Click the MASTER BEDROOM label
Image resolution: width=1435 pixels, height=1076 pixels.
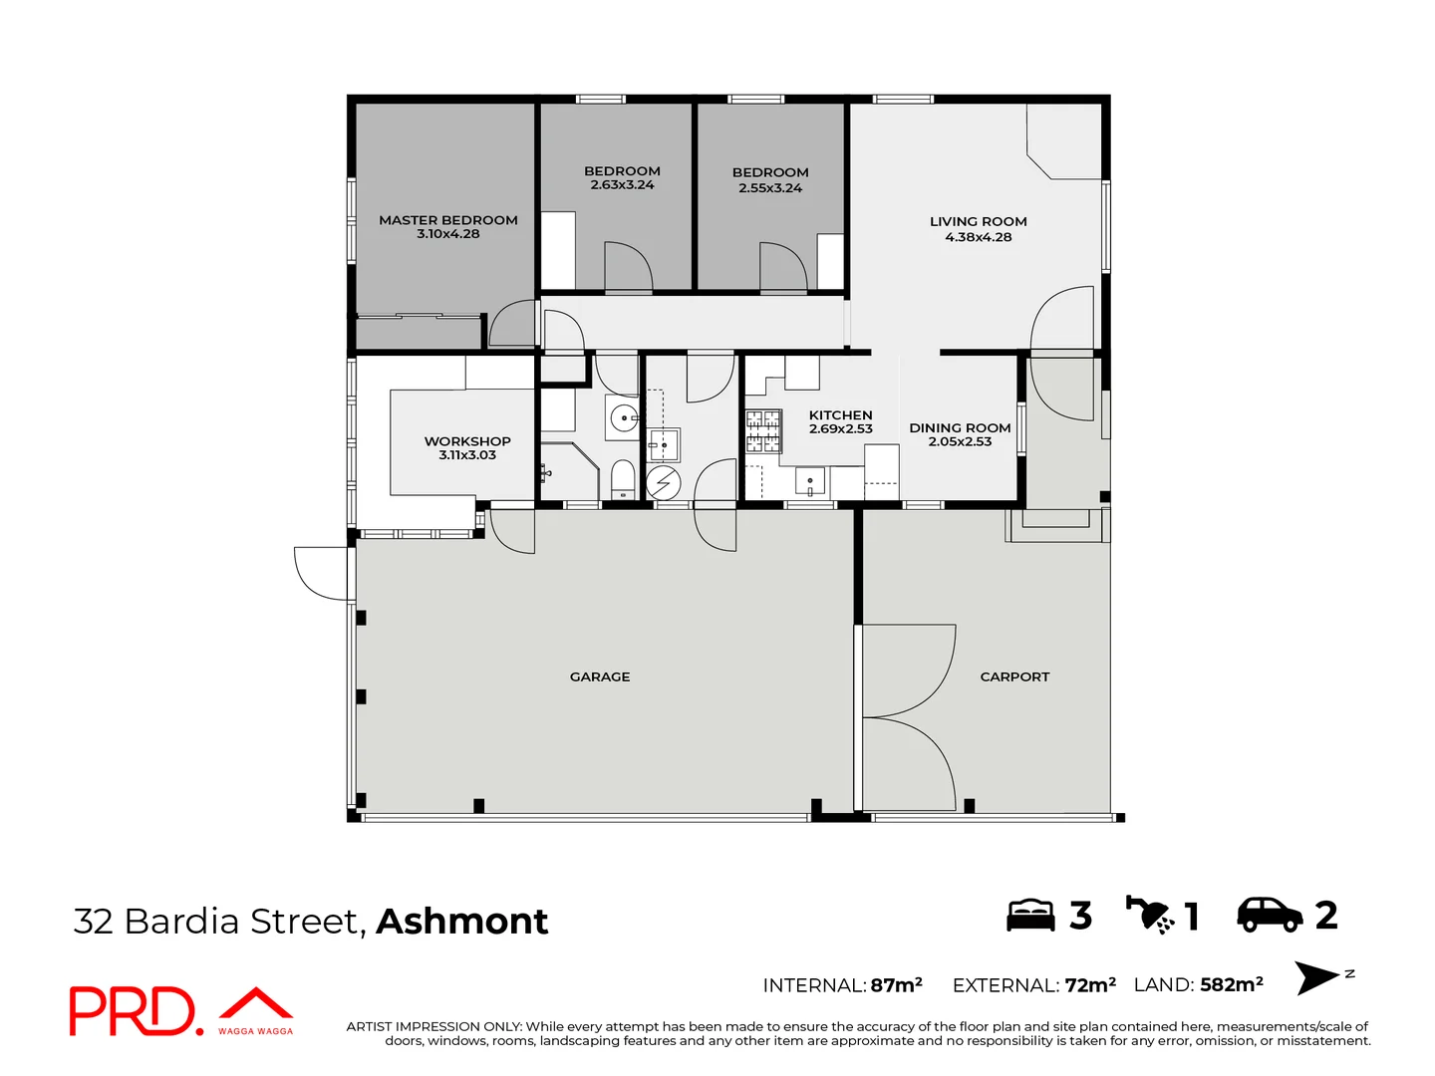(x=447, y=220)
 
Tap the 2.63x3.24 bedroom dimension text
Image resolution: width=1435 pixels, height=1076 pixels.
(x=622, y=185)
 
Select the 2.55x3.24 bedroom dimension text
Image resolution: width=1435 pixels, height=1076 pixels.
(x=770, y=188)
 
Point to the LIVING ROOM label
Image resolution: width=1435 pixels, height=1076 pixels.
(x=978, y=221)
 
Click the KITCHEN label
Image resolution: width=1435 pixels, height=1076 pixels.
(x=840, y=414)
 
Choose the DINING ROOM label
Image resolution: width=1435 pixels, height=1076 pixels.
(x=960, y=427)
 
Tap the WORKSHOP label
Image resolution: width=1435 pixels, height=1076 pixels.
(x=467, y=440)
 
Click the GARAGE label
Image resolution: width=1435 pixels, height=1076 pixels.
(x=600, y=676)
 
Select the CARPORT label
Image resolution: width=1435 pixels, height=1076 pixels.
(x=1014, y=676)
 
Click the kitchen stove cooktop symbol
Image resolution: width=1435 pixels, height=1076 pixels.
(x=763, y=430)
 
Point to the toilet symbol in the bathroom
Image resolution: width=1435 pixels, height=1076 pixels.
(x=622, y=478)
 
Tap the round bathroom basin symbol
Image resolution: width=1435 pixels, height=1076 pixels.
(x=624, y=418)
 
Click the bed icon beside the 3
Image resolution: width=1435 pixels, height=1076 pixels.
(x=1030, y=915)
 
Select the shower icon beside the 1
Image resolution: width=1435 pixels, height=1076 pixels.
(x=1150, y=914)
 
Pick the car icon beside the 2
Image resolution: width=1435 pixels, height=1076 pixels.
(x=1270, y=914)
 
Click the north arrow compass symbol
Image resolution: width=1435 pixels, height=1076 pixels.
(x=1318, y=977)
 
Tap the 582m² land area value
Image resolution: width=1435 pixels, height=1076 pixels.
(x=1232, y=984)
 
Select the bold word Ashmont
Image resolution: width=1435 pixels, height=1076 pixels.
(x=462, y=921)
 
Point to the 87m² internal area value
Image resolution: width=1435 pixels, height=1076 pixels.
(x=896, y=985)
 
